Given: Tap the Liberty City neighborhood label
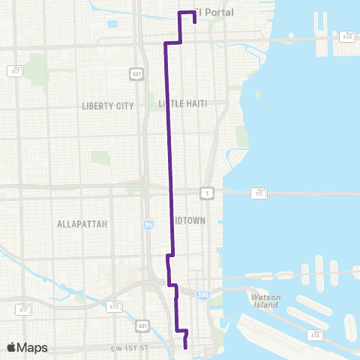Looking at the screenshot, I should (x=107, y=106).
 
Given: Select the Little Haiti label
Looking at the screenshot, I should (x=183, y=103).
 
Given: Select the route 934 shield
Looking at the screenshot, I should (x=347, y=36).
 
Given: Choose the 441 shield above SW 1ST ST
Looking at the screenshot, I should (x=142, y=326).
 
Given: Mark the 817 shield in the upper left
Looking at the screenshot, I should (x=16, y=71).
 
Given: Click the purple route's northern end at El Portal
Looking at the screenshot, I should (x=193, y=23).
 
